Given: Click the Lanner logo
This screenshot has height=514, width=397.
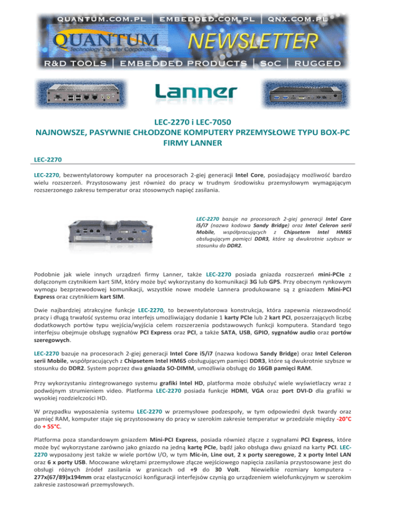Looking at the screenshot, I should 197,93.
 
